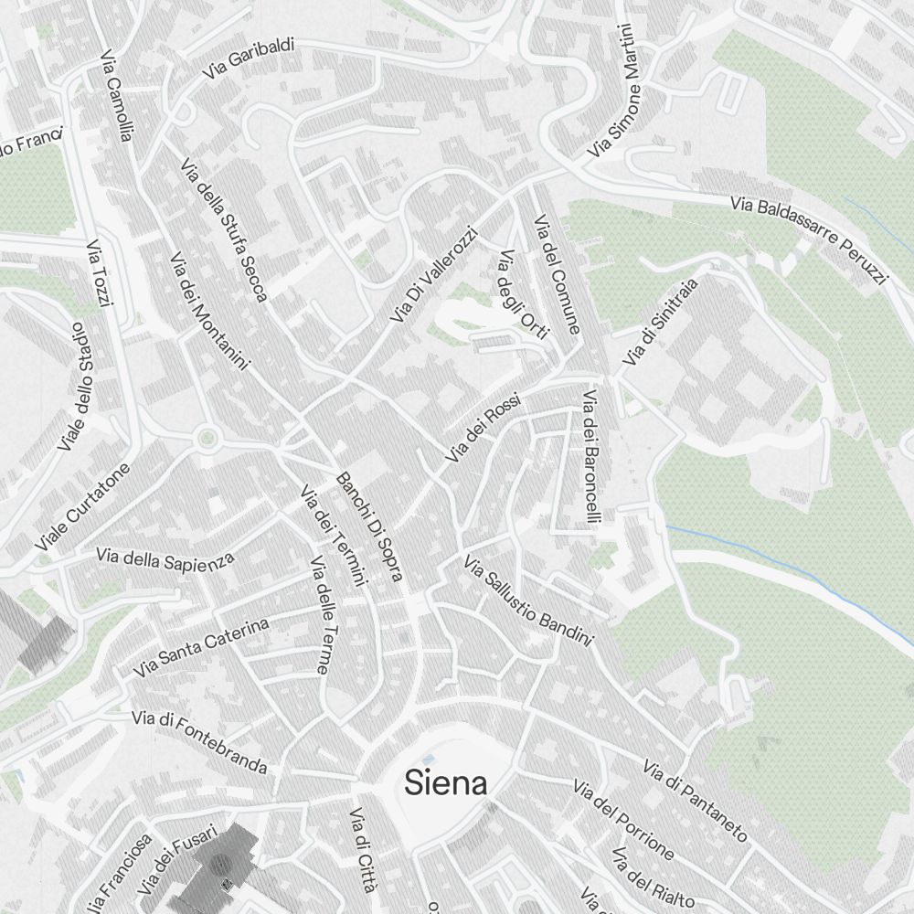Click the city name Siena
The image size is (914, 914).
tap(445, 783)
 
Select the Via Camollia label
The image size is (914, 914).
tap(118, 95)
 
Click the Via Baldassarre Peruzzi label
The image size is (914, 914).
tap(808, 239)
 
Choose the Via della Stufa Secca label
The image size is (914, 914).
tap(223, 230)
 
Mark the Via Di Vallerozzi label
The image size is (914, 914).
tap(433, 275)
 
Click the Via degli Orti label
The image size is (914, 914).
tap(522, 294)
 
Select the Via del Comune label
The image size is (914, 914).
tap(557, 274)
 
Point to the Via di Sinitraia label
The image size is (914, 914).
tap(660, 323)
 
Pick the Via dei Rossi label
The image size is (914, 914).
tap(483, 427)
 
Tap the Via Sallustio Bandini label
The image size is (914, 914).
tap(528, 600)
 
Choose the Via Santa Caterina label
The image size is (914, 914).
tap(201, 647)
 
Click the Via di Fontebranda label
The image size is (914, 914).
tap(199, 741)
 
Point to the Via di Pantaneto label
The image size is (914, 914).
tap(695, 801)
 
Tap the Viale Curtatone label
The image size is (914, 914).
tap(83, 506)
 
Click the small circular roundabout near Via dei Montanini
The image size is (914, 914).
tap(207, 439)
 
